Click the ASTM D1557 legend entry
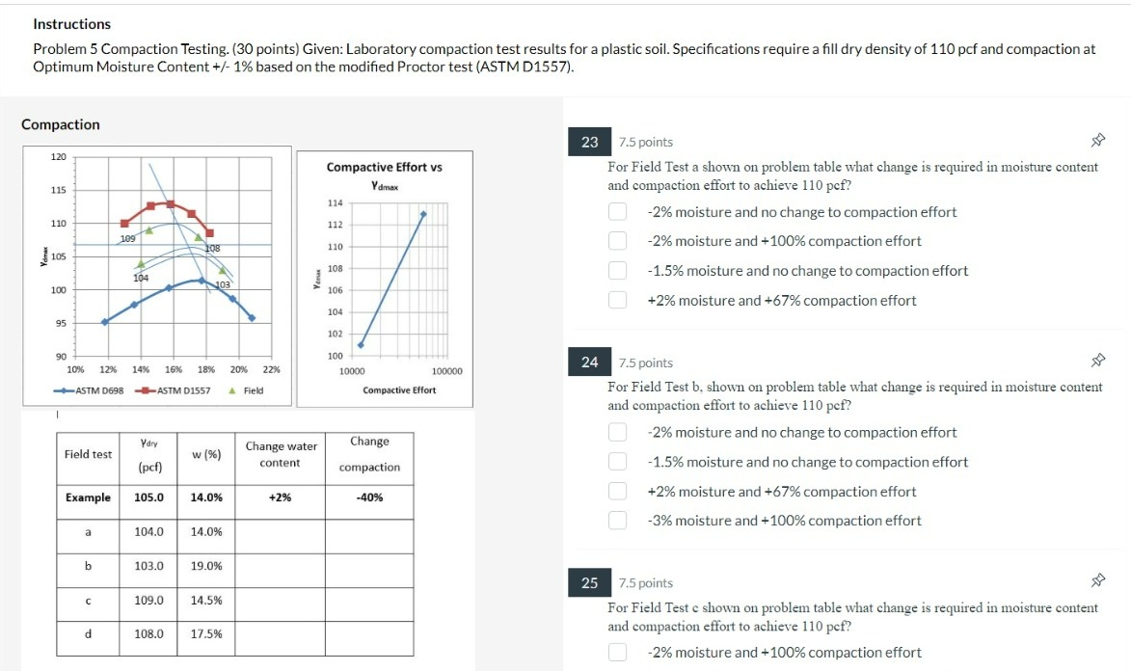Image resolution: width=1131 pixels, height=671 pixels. [x=174, y=390]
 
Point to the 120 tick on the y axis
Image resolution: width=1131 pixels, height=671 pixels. [x=58, y=156]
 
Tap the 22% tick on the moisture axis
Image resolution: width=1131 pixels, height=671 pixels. [x=271, y=369]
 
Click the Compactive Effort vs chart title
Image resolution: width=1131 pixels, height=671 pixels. [x=384, y=167]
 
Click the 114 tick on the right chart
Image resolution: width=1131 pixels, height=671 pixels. [x=336, y=203]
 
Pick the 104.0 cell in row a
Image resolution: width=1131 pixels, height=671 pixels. [x=148, y=531]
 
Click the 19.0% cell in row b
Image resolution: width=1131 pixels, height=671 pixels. [x=206, y=566]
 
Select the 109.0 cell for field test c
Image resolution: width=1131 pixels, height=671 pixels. [x=148, y=600]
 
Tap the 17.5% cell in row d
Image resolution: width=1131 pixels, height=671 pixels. [x=206, y=634]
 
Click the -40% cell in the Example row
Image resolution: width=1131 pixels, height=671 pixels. [x=369, y=497]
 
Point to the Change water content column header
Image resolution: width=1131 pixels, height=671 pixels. [x=281, y=454]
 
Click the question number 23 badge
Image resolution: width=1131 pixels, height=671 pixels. [x=590, y=143]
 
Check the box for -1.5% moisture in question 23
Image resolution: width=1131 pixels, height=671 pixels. [x=618, y=271]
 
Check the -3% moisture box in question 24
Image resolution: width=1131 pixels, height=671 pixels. [x=618, y=521]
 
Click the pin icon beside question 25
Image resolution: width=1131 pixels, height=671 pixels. [x=1096, y=581]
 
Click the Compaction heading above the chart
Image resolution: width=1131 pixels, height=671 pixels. [x=61, y=124]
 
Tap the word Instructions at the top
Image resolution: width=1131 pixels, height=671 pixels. [x=71, y=24]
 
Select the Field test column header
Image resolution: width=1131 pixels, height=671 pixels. [x=88, y=454]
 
